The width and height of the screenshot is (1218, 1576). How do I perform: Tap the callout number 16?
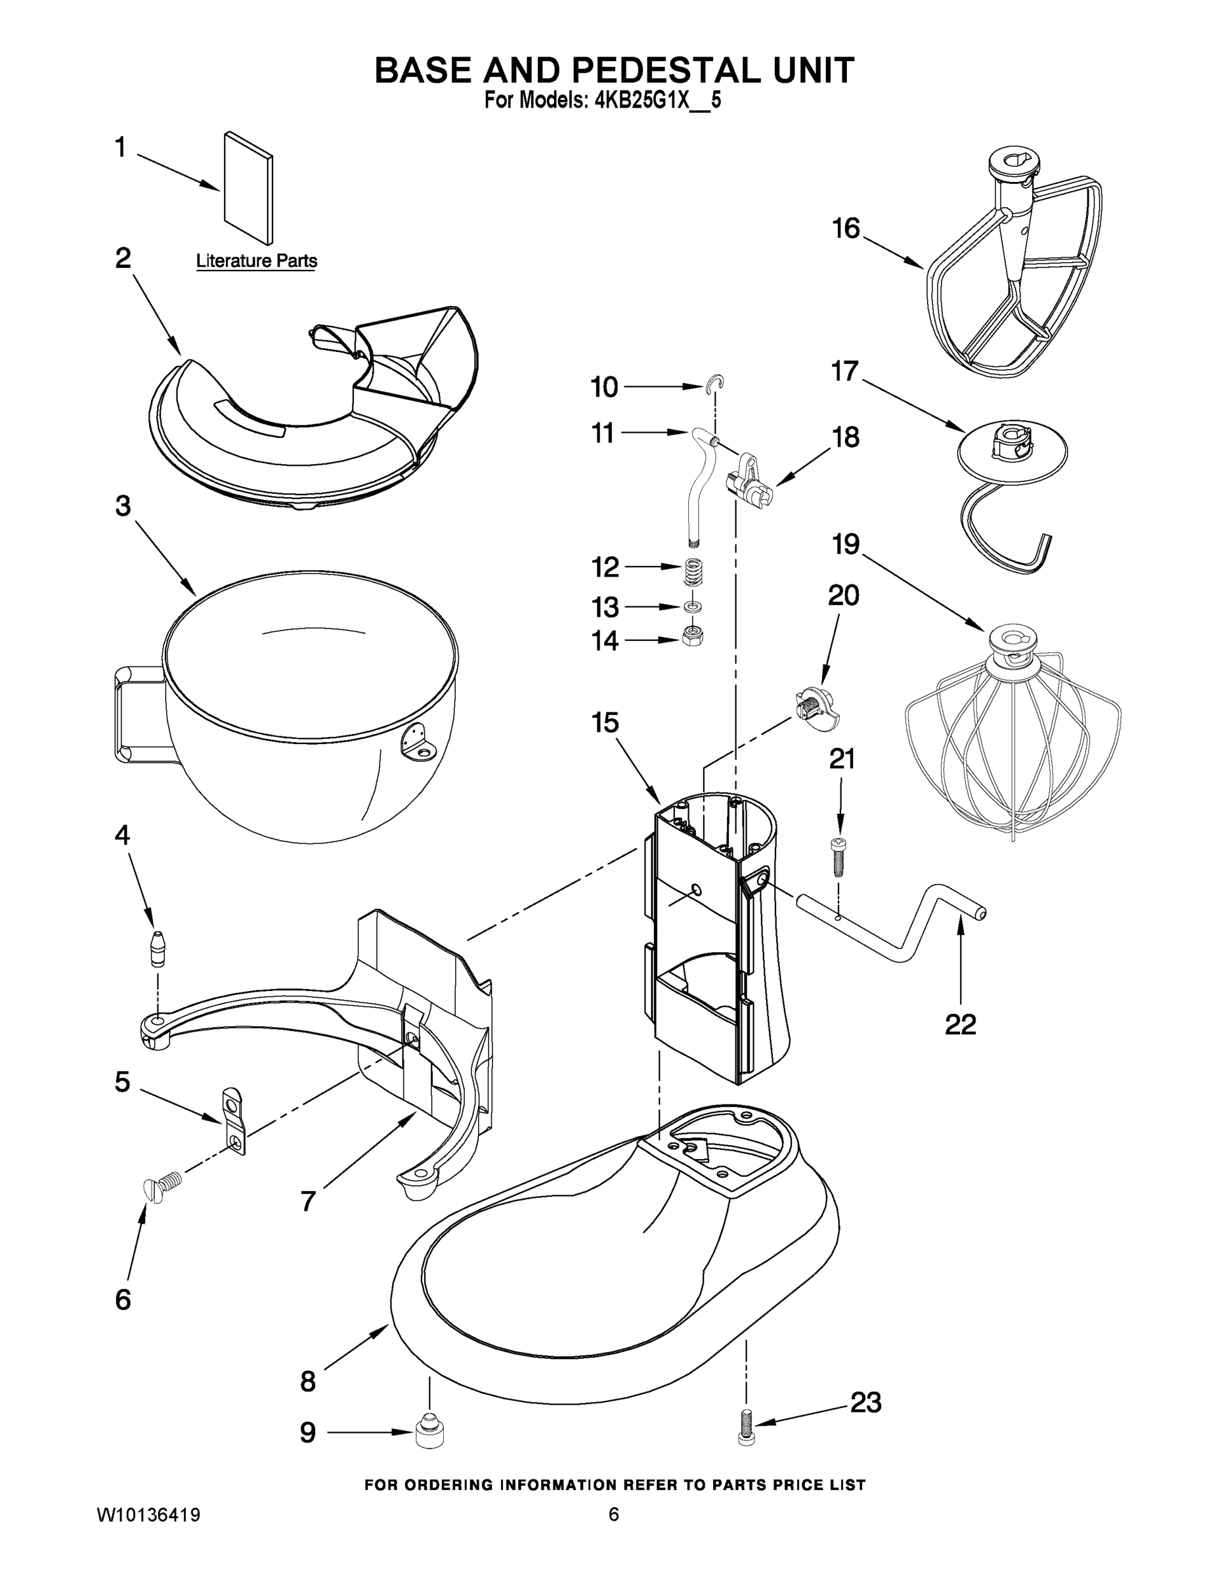[x=846, y=229]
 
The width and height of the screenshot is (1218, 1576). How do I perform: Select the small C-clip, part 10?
[x=715, y=385]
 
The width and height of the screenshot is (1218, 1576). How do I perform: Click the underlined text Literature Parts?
[x=256, y=261]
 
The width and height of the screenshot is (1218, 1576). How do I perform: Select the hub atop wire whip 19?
[x=1012, y=642]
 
